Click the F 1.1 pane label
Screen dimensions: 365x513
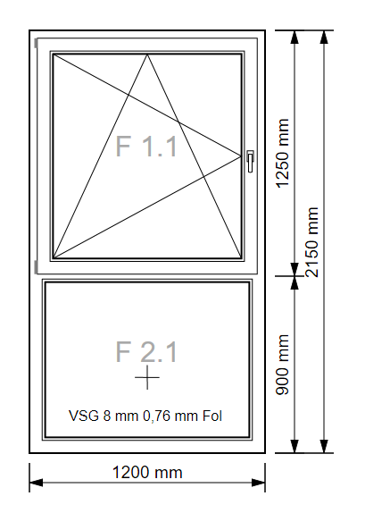146,147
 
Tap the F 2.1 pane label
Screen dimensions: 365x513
146,351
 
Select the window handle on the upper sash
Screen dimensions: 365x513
250,161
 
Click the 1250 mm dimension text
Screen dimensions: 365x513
283,153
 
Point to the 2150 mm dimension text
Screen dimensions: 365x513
311,242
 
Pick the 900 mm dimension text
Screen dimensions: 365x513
283,365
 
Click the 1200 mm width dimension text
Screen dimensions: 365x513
147,473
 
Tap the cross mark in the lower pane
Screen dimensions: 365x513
147,377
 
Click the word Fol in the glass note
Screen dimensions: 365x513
212,416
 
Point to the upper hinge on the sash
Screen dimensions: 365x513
36,43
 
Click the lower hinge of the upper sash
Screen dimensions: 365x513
36,266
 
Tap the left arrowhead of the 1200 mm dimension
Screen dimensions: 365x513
37,483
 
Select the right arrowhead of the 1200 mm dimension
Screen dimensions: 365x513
258,483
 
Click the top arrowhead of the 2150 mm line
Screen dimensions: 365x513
324,37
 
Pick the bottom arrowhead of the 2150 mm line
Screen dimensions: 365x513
324,446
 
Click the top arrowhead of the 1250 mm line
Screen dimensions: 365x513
294,37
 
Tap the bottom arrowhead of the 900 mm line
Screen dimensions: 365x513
294,446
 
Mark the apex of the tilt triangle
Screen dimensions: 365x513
147,55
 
